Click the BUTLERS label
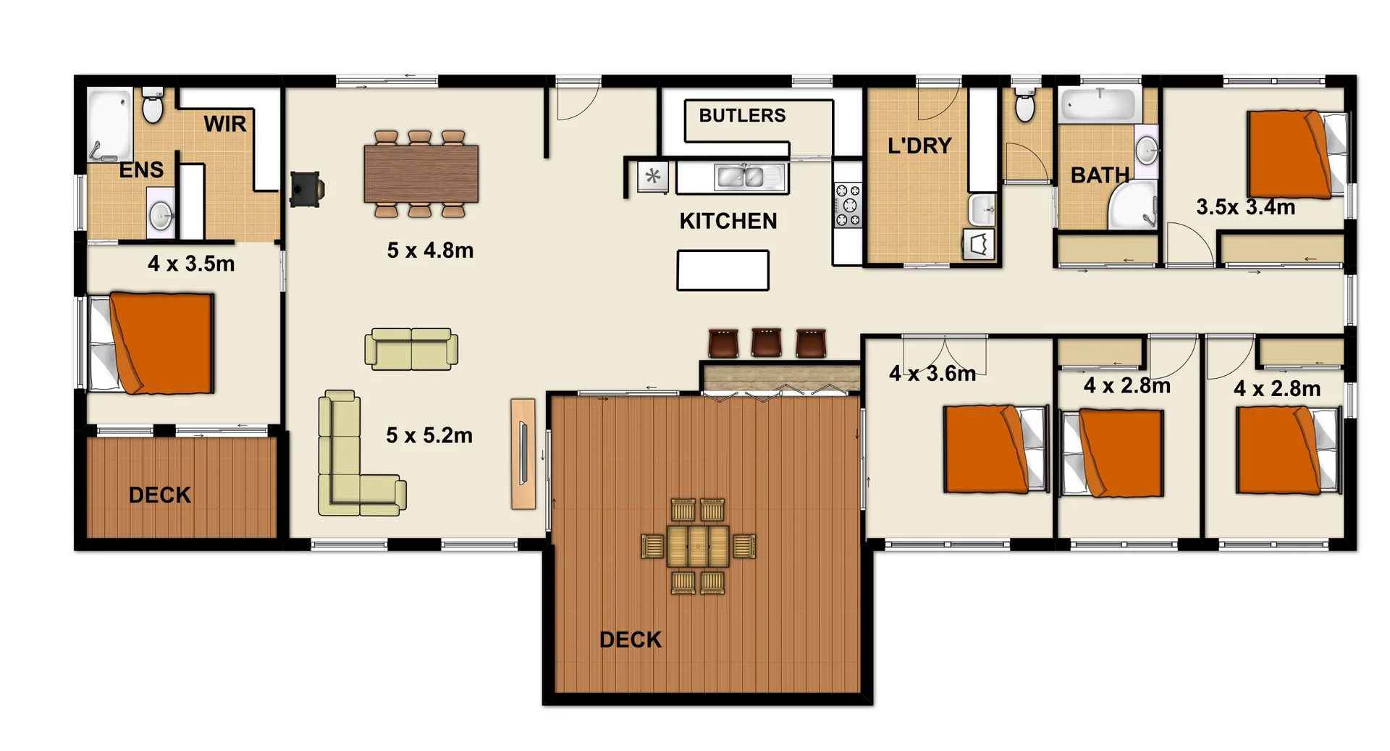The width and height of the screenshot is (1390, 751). [742, 116]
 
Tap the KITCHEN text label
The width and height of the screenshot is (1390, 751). [728, 222]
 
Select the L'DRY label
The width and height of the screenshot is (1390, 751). [919, 146]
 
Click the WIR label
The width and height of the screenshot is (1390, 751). [225, 125]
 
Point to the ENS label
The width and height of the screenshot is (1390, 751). [141, 170]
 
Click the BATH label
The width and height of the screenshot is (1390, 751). [1100, 175]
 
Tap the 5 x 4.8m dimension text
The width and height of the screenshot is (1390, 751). [430, 251]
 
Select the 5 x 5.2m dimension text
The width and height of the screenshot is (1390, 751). [429, 435]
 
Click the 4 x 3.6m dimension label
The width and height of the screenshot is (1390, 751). [932, 374]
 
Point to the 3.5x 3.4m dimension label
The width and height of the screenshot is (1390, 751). [1245, 207]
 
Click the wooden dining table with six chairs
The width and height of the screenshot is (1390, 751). [421, 174]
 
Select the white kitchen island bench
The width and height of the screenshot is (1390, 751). [723, 270]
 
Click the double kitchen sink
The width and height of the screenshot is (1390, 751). [744, 177]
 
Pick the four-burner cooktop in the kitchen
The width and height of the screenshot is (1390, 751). [848, 206]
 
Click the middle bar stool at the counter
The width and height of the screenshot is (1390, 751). [767, 343]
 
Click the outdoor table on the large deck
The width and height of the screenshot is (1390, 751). [698, 546]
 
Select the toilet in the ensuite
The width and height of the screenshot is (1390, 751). [153, 106]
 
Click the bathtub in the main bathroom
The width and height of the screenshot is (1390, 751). [1099, 104]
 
